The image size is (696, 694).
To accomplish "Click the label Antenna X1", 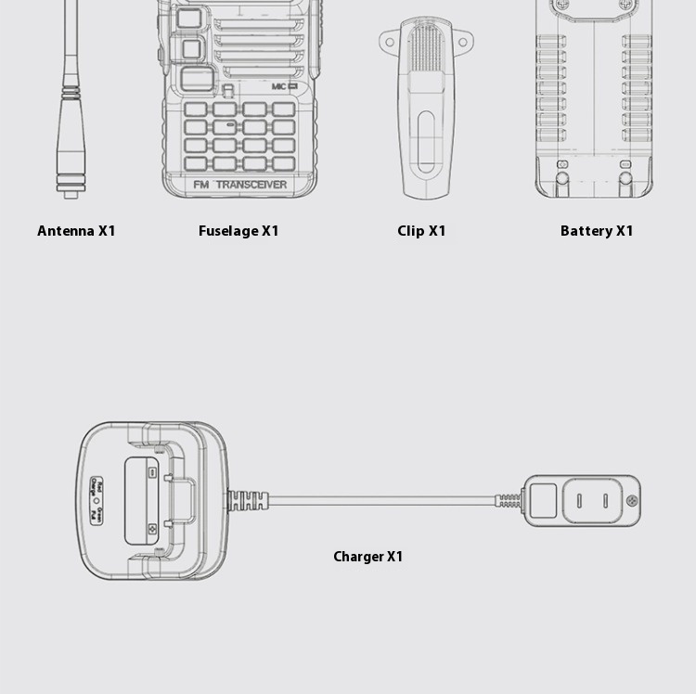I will pos(76,231).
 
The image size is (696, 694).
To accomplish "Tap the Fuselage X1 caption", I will pos(238,231).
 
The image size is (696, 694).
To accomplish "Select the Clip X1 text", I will pos(421,231).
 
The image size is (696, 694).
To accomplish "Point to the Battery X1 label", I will pos(597,231).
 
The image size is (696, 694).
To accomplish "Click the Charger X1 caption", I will pos(368,557).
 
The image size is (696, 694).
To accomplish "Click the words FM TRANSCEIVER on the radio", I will pos(239,184).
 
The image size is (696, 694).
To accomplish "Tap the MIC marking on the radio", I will pos(283,86).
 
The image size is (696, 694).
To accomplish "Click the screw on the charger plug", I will pos(632,502).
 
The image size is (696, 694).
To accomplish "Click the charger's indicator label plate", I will pos(96,499).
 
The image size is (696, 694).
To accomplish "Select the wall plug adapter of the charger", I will pos(580,501).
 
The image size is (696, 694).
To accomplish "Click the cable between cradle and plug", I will pos(380,500).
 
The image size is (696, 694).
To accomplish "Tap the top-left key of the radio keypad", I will pos(195,109).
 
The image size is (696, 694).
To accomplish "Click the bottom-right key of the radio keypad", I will pos(283,163).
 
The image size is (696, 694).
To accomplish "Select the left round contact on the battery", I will pos(562,165).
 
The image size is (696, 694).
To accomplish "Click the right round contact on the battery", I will pos(625,165).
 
